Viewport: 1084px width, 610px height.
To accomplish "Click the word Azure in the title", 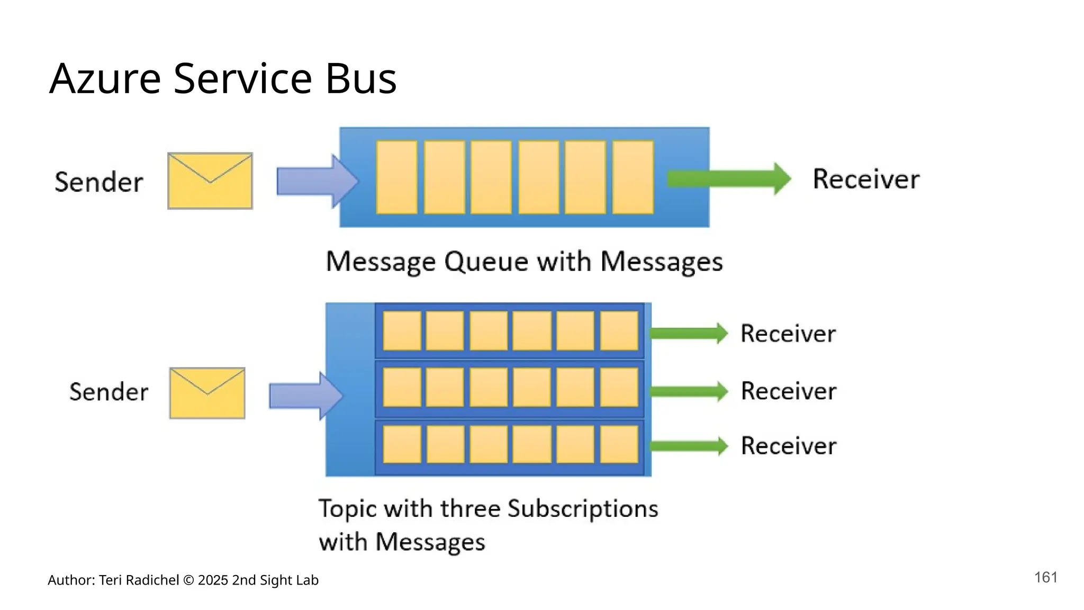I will [105, 79].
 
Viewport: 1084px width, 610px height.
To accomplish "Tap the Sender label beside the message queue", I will [98, 182].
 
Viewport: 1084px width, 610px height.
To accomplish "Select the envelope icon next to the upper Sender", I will [210, 181].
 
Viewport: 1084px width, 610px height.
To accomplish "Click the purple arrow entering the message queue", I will [317, 181].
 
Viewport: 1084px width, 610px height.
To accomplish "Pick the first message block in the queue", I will [396, 177].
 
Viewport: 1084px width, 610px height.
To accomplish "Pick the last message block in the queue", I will [633, 177].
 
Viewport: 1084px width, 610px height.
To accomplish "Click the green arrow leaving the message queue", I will [728, 178].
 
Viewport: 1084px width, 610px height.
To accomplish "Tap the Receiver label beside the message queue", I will [866, 179].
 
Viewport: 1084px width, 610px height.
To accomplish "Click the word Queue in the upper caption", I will [486, 262].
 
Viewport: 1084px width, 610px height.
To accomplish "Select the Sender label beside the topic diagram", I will [109, 392].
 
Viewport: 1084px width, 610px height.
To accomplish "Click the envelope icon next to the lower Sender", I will [207, 393].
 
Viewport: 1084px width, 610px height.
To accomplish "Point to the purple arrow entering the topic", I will [305, 396].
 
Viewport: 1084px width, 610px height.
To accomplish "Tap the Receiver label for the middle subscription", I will [789, 391].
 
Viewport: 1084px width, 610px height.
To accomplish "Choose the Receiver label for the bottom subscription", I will [789, 446].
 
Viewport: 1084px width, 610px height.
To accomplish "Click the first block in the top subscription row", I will [402, 331].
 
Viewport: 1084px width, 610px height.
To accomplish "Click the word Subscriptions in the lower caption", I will [583, 509].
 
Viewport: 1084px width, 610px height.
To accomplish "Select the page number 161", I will [1045, 577].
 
